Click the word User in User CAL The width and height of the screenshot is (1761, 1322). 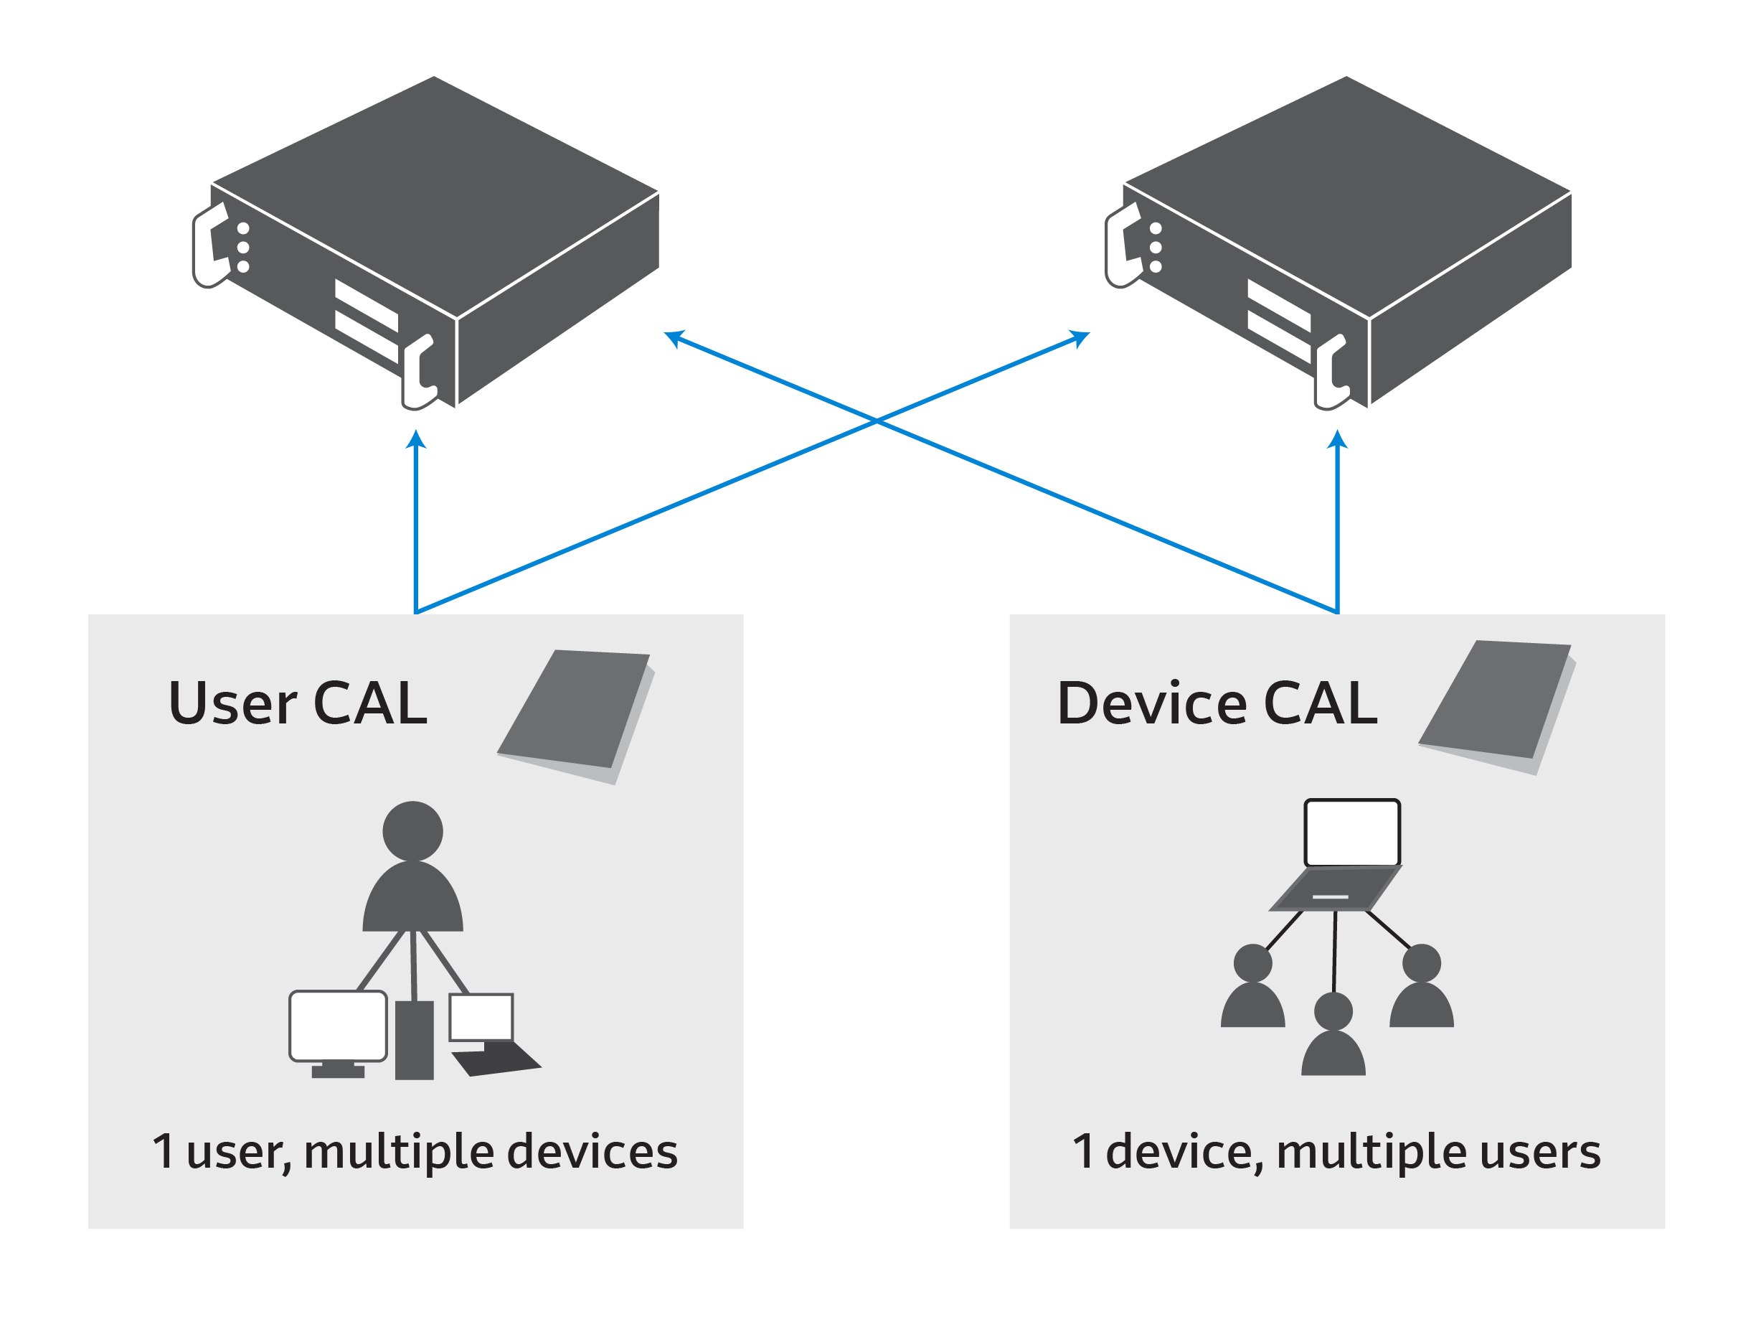click(x=232, y=703)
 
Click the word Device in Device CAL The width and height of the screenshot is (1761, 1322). click(x=1152, y=703)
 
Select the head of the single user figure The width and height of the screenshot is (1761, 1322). click(x=412, y=831)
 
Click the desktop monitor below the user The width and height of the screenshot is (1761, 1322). click(x=339, y=1026)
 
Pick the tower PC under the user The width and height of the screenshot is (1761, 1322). click(x=414, y=1040)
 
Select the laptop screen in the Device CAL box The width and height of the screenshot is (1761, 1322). click(x=1352, y=833)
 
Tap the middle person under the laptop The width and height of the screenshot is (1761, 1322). click(x=1333, y=1036)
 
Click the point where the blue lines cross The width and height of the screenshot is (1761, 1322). click(x=877, y=421)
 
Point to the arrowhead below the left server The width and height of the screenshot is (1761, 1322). click(x=415, y=441)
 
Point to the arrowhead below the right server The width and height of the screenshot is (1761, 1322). click(x=1338, y=441)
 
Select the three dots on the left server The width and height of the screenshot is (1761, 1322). click(x=243, y=248)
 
